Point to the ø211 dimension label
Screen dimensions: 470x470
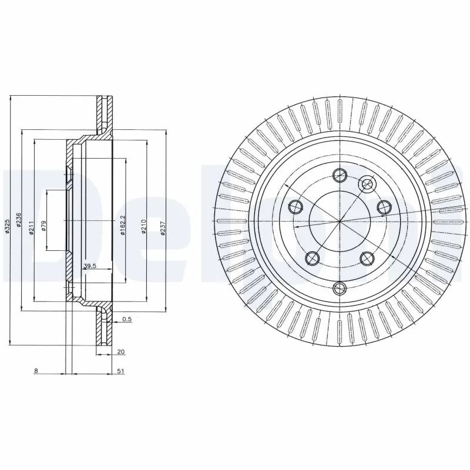[31, 226]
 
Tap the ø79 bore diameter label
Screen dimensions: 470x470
[43, 226]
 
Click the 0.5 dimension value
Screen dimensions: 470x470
[126, 319]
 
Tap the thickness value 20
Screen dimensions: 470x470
[120, 351]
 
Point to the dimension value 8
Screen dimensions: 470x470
[36, 371]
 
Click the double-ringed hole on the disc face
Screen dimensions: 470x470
[368, 184]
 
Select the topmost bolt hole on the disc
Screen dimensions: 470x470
[340, 174]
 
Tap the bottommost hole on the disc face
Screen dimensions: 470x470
[340, 287]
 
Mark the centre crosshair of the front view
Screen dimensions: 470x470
[340, 221]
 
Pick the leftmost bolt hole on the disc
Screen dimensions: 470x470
[296, 206]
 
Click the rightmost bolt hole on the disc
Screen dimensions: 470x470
[384, 207]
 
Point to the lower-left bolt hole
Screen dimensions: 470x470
[312, 258]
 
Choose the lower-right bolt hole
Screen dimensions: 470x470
[367, 258]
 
